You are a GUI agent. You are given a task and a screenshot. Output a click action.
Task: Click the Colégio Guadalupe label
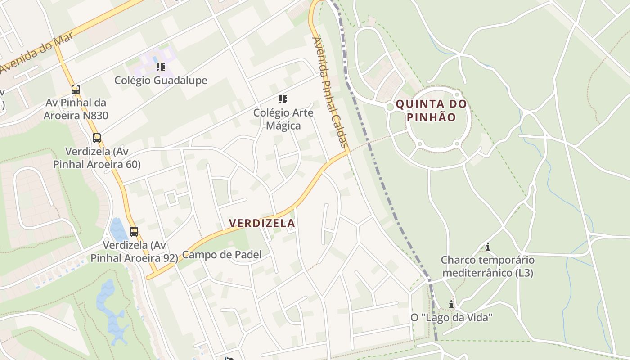click(x=161, y=81)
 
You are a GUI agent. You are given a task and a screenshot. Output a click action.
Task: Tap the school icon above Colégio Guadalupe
click(x=161, y=67)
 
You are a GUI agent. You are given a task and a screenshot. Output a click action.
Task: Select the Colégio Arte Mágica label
click(x=283, y=119)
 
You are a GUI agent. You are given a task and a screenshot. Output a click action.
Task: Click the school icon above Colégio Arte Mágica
click(x=283, y=99)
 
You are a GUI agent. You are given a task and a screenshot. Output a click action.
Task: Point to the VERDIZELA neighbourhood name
click(x=262, y=223)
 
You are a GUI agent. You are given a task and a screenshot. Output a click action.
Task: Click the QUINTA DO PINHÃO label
click(x=432, y=111)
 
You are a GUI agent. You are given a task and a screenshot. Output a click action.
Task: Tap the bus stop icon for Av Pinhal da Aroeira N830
click(x=76, y=90)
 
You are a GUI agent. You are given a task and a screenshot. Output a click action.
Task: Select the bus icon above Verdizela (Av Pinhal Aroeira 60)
click(x=97, y=138)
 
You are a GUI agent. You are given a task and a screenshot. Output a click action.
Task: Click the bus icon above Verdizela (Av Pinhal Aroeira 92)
click(x=134, y=232)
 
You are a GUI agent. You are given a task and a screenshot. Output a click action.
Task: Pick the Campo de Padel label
click(x=221, y=255)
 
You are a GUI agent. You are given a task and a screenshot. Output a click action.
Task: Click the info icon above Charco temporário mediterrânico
click(x=487, y=247)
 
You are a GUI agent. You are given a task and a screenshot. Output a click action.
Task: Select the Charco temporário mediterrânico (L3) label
click(x=488, y=266)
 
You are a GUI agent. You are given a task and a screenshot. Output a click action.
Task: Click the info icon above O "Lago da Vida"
click(x=451, y=304)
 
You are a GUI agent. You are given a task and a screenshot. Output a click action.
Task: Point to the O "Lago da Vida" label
click(x=451, y=318)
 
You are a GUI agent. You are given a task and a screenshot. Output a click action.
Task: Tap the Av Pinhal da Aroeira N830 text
click(x=76, y=109)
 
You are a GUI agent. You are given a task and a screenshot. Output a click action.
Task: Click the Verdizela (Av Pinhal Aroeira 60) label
click(x=97, y=157)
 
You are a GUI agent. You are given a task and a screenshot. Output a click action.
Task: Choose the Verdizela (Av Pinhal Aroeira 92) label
click(x=134, y=252)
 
